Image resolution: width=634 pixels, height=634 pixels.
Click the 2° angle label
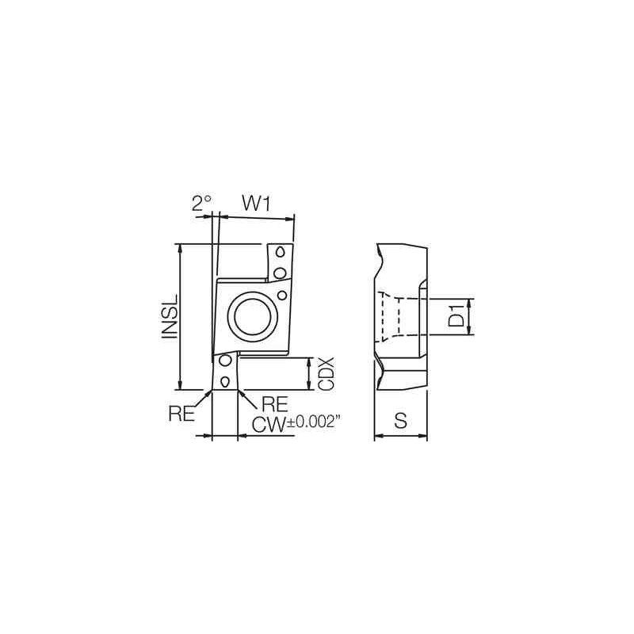click(x=201, y=204)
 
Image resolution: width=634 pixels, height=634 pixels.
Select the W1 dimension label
click(x=257, y=204)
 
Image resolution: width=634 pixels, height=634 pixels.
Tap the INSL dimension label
click(x=169, y=317)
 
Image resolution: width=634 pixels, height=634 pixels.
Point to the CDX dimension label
click(x=326, y=372)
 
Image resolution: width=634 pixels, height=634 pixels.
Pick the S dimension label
click(x=400, y=422)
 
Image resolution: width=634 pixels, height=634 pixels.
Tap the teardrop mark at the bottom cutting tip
click(x=225, y=381)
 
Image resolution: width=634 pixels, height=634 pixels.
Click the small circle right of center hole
click(x=282, y=295)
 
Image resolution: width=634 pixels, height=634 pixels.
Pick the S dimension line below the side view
click(x=400, y=435)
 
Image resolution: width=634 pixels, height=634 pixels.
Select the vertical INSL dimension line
click(x=182, y=317)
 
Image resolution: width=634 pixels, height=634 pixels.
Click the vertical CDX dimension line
click(x=309, y=373)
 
